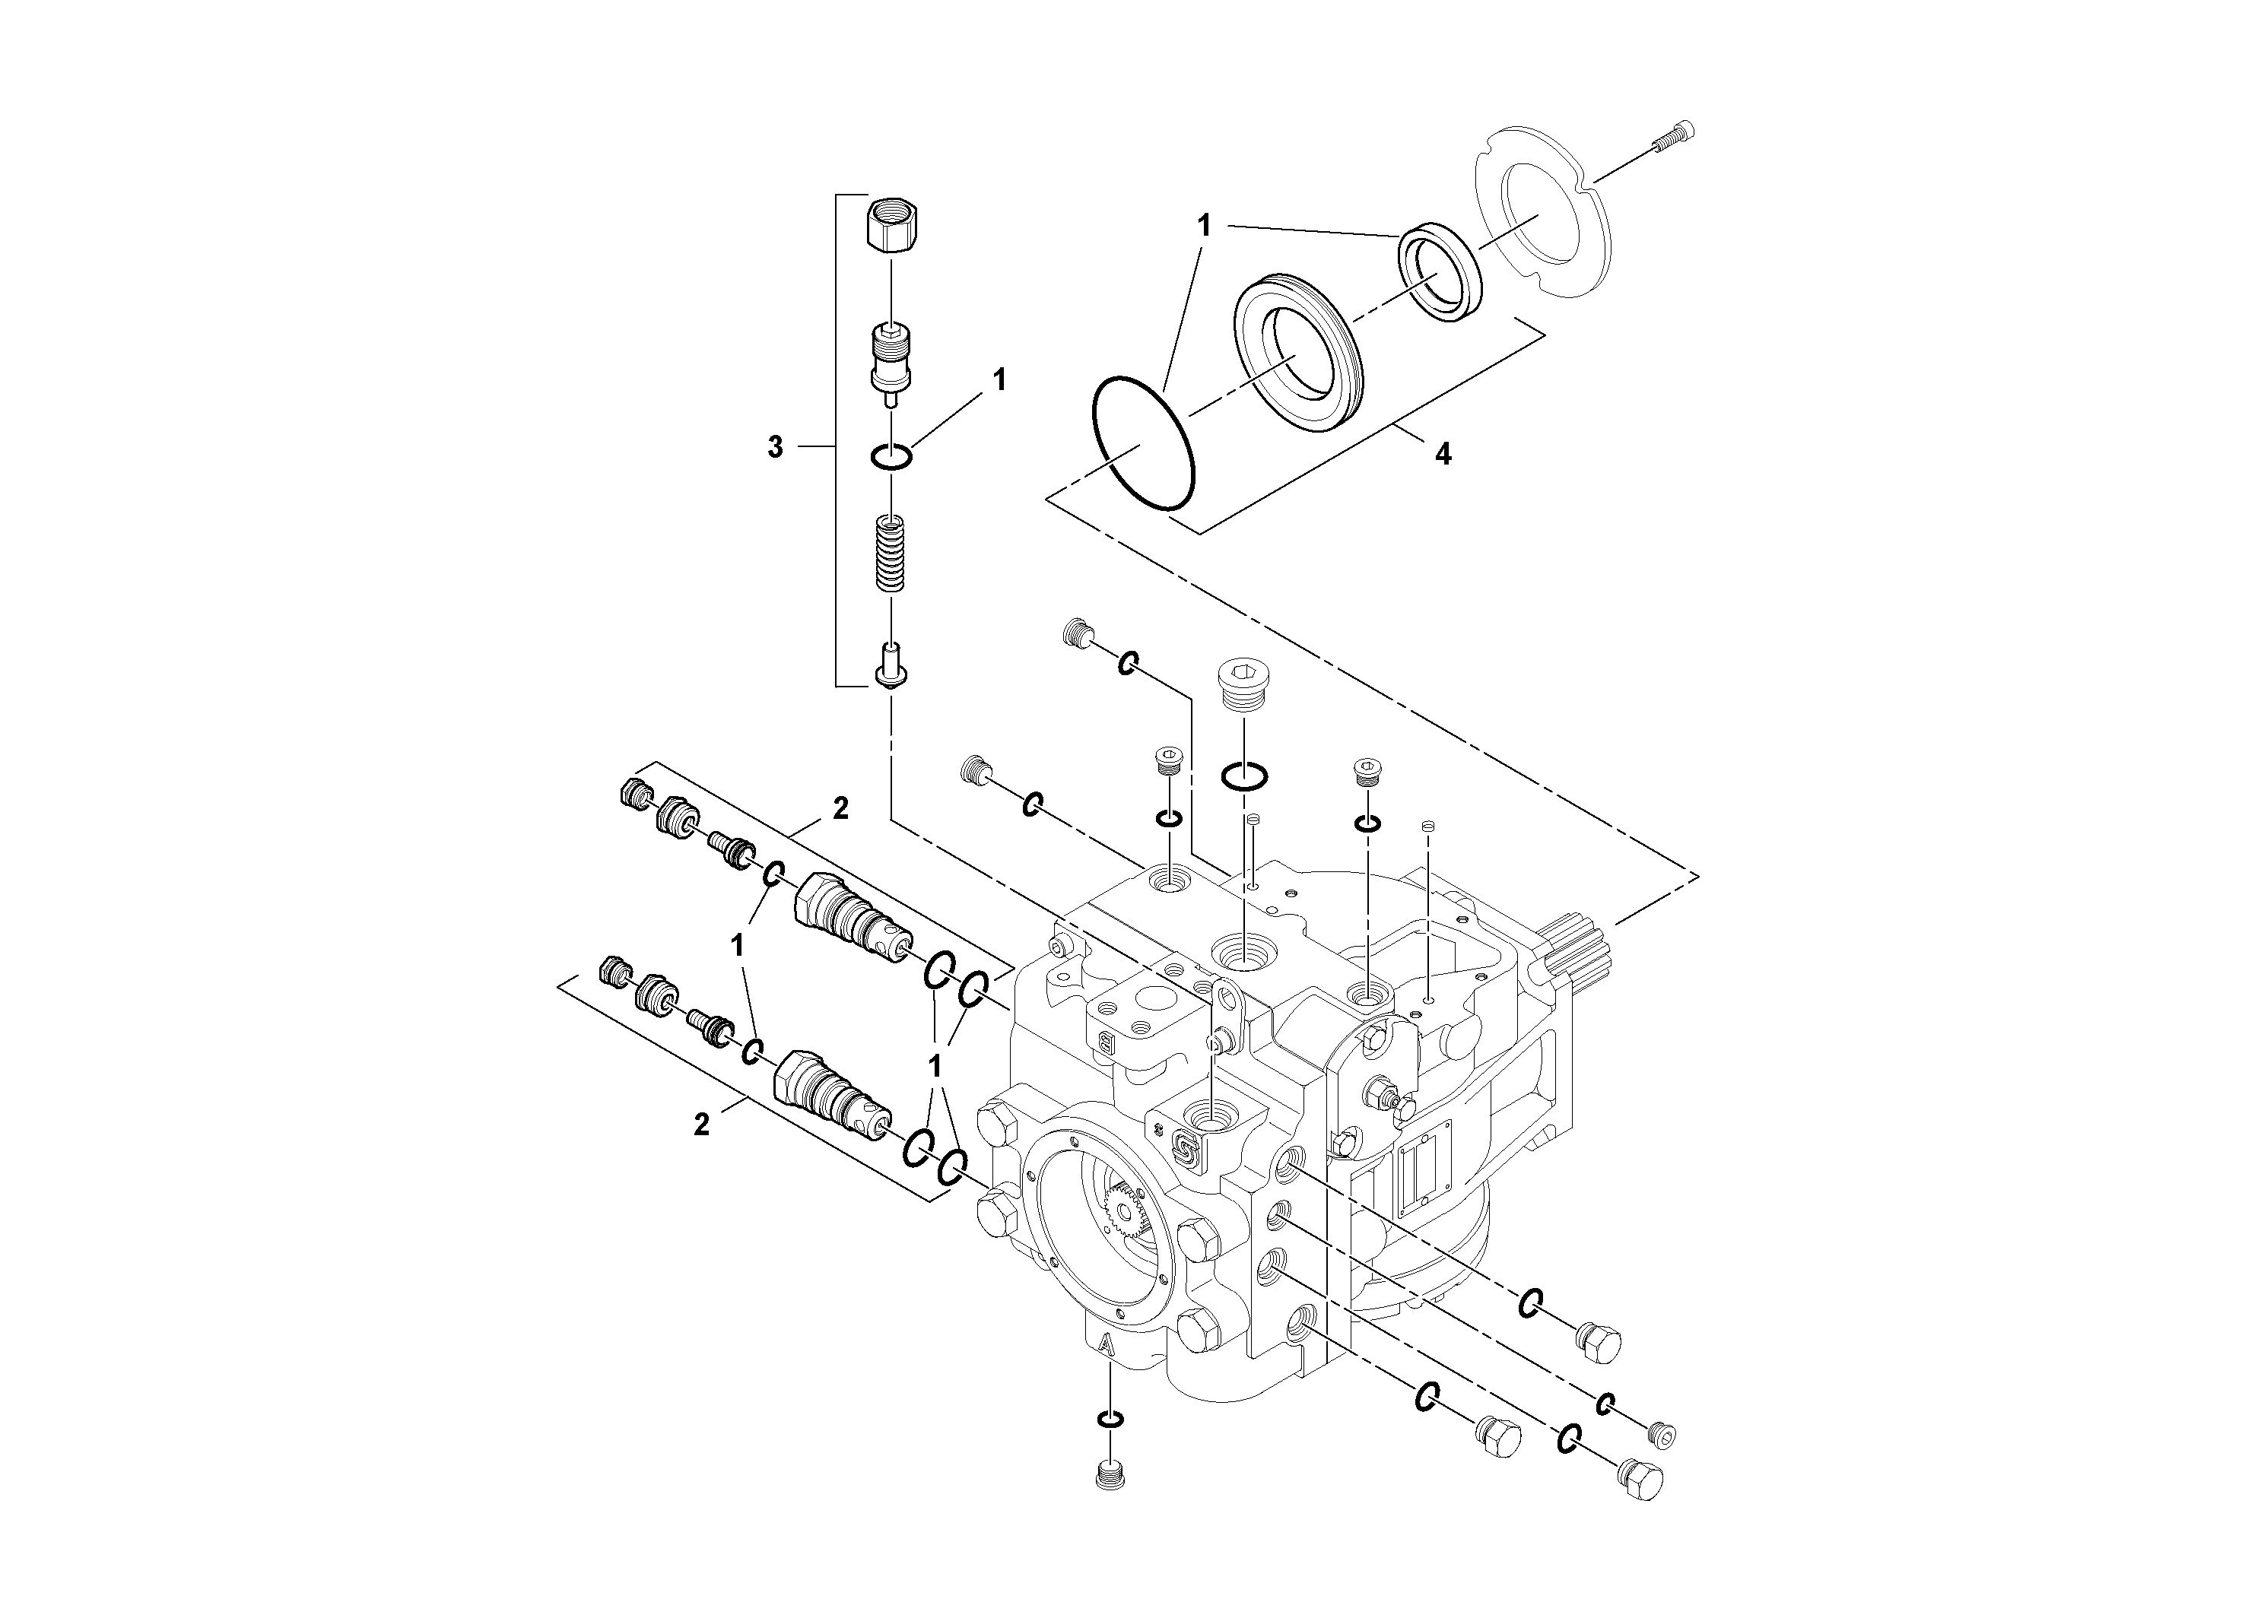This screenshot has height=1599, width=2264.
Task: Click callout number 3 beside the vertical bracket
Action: tap(775, 448)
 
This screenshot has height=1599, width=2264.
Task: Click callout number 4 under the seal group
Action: tap(1443, 455)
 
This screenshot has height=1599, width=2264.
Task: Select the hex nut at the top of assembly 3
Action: tap(890, 225)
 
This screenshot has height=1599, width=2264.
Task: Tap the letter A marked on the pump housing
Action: tap(1107, 1344)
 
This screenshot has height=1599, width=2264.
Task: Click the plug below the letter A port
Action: tap(1110, 1475)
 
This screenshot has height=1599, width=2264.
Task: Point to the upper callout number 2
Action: tap(840, 809)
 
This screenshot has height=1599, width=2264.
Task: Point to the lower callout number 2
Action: tap(701, 1125)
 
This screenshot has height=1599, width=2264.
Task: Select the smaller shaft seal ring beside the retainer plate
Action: tap(1440, 272)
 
